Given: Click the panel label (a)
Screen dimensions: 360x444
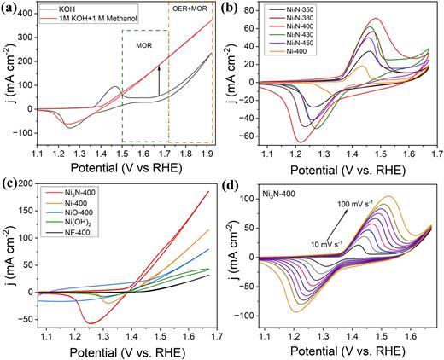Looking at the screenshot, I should (x=12, y=9).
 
